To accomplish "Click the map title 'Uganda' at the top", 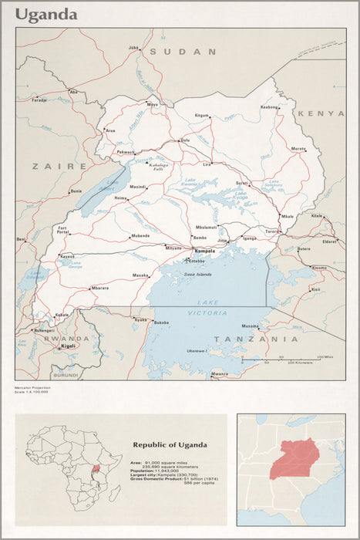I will coord(47,15).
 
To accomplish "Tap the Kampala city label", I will coord(205,251).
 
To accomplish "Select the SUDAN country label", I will coord(183,51).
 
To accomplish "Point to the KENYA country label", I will coord(321,113).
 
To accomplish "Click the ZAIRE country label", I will coord(59,166).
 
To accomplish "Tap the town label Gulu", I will coord(185,140).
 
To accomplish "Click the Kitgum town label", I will coord(202,115).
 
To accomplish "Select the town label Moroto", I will coord(298,148).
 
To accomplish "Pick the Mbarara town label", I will coord(100,288).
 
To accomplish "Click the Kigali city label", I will coord(68,347).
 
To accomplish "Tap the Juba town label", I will coord(133,47).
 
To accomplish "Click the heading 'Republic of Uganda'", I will coord(170,445).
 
